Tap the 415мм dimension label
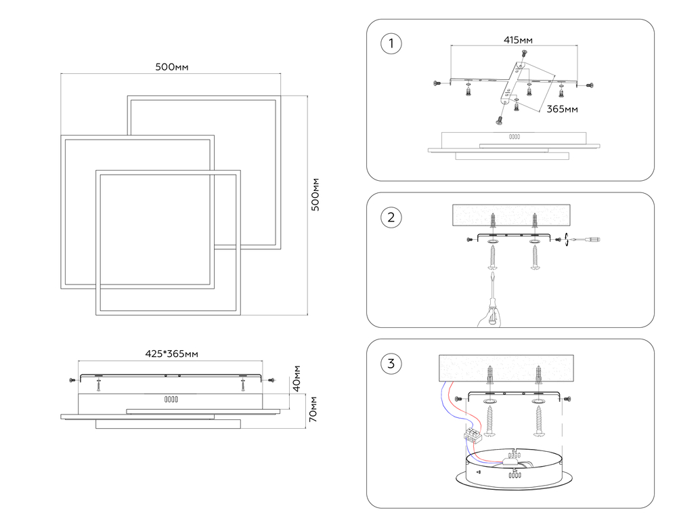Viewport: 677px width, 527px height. pos(517,40)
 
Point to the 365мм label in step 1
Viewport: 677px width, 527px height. pos(562,108)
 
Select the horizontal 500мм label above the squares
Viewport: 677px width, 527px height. pos(171,66)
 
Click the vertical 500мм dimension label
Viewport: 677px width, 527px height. pos(315,195)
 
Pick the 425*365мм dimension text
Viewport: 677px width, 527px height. pos(172,353)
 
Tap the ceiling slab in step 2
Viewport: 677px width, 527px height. pos(510,215)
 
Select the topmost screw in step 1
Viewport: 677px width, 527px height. pos(523,54)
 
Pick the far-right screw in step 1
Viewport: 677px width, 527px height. pos(589,85)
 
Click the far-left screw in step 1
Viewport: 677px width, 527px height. pos(436,83)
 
